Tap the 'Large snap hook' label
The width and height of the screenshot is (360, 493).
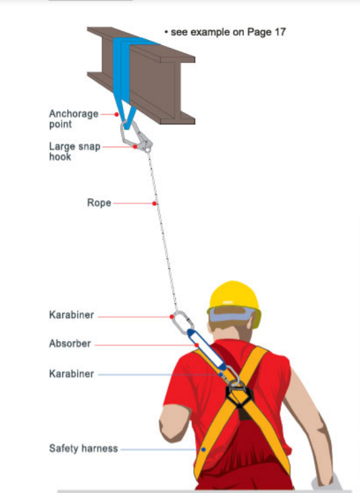pos(69,151)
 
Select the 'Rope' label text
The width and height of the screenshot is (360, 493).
pos(99,203)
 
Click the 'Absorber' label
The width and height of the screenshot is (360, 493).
pos(70,344)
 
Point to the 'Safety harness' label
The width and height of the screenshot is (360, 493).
pos(83,448)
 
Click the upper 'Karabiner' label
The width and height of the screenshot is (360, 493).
pos(71,315)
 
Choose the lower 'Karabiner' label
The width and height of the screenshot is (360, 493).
pos(71,373)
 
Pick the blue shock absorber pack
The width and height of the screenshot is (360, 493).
pos(205,351)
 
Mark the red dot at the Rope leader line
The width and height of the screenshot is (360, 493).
pos(155,203)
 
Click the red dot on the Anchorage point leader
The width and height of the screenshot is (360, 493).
pos(117,115)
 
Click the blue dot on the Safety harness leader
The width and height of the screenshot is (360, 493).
pos(203,448)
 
